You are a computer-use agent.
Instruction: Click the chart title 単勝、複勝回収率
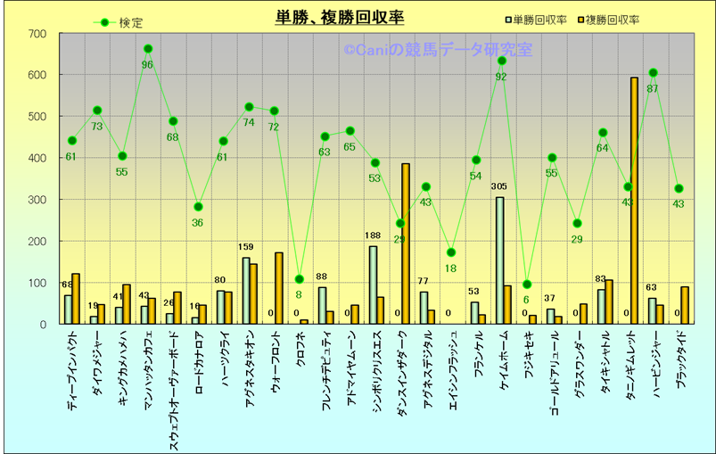340,17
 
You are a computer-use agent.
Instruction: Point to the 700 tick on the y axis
37,34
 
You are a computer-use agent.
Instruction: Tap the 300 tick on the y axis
37,200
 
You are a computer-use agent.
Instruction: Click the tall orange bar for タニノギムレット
634,201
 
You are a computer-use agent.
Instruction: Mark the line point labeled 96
148,49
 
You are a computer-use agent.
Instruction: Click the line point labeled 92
501,61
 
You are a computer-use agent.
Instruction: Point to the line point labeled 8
300,279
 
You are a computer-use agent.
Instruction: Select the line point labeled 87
653,72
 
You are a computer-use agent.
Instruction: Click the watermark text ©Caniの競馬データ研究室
437,51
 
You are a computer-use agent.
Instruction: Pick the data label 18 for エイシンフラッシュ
451,268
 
